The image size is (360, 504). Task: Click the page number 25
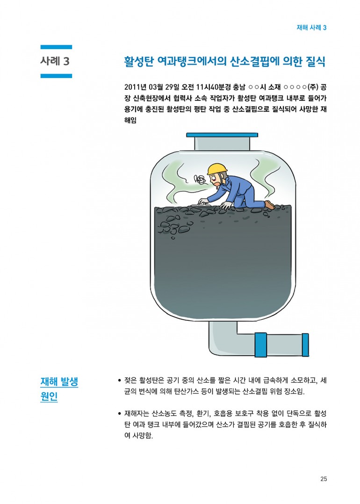point(324,479)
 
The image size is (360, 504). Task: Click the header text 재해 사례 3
point(311,28)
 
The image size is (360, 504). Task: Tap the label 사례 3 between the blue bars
point(55,61)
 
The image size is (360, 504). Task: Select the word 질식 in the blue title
point(316,61)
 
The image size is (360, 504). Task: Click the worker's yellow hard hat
point(217,168)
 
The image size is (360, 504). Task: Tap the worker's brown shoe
point(269,204)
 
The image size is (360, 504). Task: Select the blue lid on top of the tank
point(222,135)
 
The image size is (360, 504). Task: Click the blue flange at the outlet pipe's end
point(305,345)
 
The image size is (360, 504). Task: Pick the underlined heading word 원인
point(49,396)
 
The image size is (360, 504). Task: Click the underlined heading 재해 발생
point(59,382)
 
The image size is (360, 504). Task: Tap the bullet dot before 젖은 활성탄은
point(120,381)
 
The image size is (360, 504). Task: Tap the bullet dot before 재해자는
point(120,414)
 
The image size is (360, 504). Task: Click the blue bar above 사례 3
point(56,47)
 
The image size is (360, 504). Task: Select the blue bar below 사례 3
point(56,76)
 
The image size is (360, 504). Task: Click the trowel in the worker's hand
point(199,204)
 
